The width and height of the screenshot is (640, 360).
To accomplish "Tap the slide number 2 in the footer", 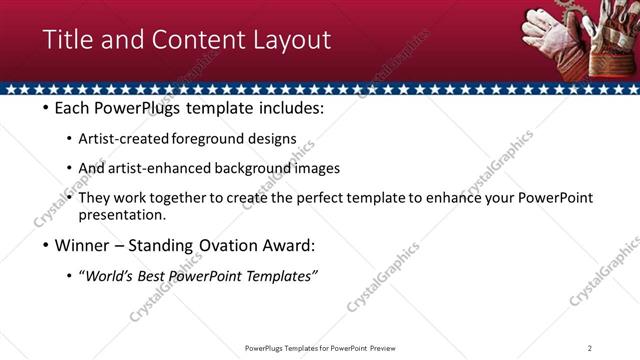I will (590, 347).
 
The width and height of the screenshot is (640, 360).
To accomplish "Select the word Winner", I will (81, 245).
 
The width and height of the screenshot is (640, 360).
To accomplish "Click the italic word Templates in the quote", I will (281, 275).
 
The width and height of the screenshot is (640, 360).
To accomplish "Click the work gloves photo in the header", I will (575, 40).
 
